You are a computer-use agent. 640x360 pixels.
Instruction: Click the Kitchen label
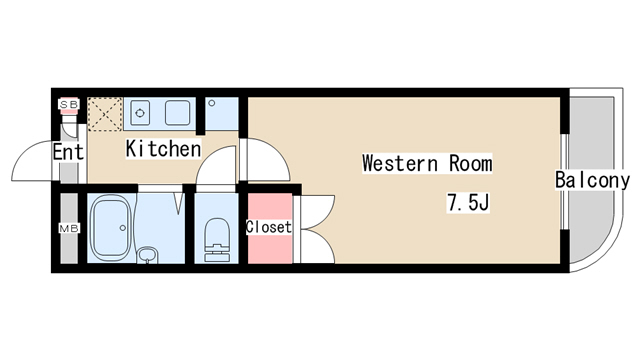pyautogui.click(x=163, y=149)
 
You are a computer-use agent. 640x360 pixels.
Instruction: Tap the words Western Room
pyautogui.click(x=427, y=162)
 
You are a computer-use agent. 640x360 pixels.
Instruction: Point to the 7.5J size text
pyautogui.click(x=467, y=203)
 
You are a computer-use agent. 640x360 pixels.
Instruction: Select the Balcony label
pyautogui.click(x=592, y=181)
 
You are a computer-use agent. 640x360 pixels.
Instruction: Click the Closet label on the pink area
pyautogui.click(x=268, y=227)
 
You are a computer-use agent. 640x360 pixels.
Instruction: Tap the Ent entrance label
pyautogui.click(x=67, y=153)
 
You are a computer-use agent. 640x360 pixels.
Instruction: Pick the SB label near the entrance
pyautogui.click(x=69, y=104)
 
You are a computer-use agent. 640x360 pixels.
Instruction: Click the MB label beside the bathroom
pyautogui.click(x=69, y=229)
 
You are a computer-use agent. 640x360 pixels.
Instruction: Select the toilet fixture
pyautogui.click(x=215, y=239)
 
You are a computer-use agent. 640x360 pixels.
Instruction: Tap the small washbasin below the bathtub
pyautogui.click(x=147, y=255)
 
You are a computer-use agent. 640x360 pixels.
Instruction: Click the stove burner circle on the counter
pyautogui.click(x=139, y=110)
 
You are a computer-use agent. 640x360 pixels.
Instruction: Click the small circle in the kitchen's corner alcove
pyautogui.click(x=214, y=103)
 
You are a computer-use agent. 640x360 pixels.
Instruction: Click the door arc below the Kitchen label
pyautogui.click(x=215, y=170)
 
